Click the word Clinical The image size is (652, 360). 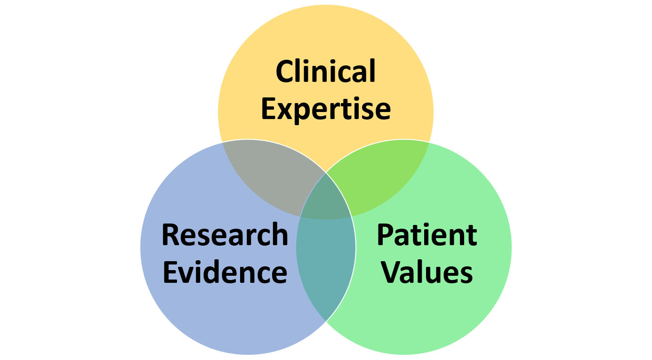point(325,72)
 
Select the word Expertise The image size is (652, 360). point(325,109)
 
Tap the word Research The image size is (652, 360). point(225,235)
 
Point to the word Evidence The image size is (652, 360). point(225,272)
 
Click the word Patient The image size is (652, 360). point(427,235)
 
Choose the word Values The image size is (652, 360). point(427,272)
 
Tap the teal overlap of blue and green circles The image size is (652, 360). point(326,264)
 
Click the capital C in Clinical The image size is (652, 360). point(285,72)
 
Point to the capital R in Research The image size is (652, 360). point(171,235)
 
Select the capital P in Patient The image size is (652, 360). point(386,235)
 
